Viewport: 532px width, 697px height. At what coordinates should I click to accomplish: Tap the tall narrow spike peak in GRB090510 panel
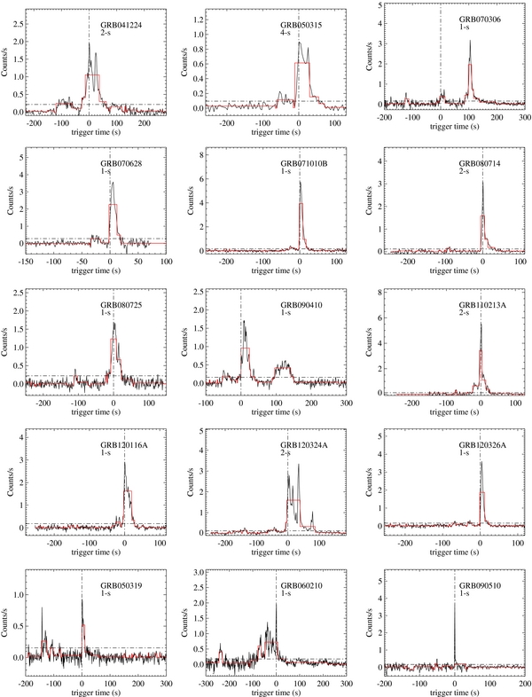tap(454, 605)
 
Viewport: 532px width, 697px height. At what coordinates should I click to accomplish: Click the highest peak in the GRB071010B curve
tap(300, 183)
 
